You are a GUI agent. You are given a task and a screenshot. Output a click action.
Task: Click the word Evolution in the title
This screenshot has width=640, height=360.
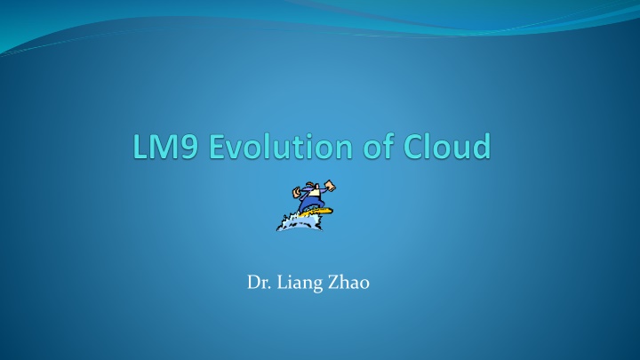280,146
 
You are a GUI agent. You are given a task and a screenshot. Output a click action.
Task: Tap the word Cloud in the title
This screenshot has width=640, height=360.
447,146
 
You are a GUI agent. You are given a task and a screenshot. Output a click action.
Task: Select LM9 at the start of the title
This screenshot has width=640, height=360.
165,146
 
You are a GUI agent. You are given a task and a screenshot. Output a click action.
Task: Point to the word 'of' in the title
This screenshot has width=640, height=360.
379,146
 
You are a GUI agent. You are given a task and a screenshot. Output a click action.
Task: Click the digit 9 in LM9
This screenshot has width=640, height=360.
189,147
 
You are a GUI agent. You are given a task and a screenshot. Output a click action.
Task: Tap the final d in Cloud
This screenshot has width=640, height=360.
481,146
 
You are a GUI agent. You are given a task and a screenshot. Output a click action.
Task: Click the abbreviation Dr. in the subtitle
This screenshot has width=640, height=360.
259,283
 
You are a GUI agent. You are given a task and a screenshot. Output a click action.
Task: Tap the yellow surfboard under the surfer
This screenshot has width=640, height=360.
316,212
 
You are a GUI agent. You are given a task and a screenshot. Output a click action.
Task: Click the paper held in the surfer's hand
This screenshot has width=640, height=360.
330,186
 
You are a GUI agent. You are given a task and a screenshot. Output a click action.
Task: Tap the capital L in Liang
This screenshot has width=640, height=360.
282,283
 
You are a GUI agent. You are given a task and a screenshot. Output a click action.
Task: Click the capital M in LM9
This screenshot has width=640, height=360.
164,147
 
